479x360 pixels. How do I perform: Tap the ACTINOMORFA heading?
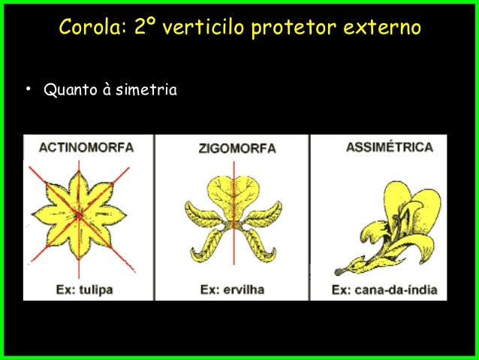coord(86,147)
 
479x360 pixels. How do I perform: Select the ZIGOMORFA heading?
coord(236,148)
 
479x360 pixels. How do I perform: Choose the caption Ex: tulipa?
coord(84,289)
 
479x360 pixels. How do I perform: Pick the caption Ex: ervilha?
coord(232,289)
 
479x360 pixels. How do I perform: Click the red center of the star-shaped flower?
coord(79,216)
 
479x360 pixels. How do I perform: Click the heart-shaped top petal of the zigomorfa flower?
coord(233,192)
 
